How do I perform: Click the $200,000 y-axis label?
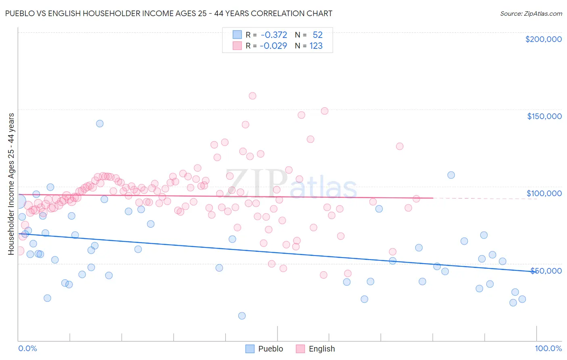(543, 39)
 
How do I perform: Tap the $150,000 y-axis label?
(544, 116)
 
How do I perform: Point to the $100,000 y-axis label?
(544, 193)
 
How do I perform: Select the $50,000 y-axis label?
(546, 271)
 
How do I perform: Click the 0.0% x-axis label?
(27, 348)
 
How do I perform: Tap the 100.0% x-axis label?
(548, 348)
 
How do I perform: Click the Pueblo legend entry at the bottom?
(265, 349)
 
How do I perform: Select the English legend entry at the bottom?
(315, 349)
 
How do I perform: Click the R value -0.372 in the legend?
(274, 35)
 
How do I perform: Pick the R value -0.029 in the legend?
(273, 46)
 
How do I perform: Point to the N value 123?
(316, 46)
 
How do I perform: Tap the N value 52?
(318, 35)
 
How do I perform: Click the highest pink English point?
(252, 96)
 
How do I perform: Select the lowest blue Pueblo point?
(242, 316)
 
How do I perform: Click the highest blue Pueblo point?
(100, 123)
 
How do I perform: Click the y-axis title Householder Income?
(11, 184)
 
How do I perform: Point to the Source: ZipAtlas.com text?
(531, 14)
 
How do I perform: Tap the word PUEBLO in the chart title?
(20, 13)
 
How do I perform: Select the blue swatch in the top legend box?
(237, 35)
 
